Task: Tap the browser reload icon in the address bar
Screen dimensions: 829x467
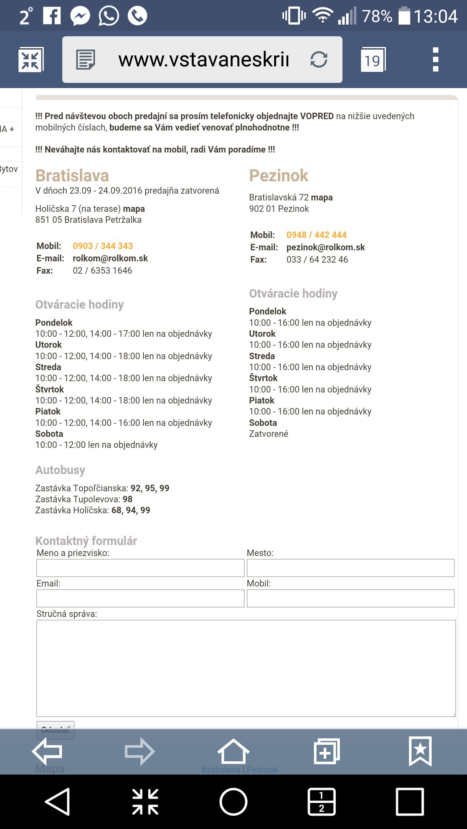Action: pos(319,60)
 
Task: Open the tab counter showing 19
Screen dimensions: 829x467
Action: pos(373,60)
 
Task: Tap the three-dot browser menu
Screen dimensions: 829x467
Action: pos(436,60)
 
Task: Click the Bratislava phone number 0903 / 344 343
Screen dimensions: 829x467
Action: pos(103,246)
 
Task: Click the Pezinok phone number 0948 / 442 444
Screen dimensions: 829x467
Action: pos(316,235)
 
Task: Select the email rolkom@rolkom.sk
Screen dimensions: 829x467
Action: pos(110,258)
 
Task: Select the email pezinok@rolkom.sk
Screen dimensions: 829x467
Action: pos(326,247)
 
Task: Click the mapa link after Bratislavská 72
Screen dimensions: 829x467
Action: pos(322,198)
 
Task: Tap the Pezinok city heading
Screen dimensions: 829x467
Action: pos(279,176)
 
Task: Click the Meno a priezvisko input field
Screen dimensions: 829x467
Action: pos(140,568)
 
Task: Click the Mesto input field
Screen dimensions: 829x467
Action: pos(350,568)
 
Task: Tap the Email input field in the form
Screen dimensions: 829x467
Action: pos(140,598)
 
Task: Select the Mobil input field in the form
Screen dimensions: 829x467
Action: pos(350,598)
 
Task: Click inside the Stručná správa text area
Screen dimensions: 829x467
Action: pos(246,668)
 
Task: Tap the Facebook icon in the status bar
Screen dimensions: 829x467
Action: pos(52,16)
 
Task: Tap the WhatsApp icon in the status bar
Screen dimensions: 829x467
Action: pos(109,16)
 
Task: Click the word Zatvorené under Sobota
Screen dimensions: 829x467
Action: pos(269,434)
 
